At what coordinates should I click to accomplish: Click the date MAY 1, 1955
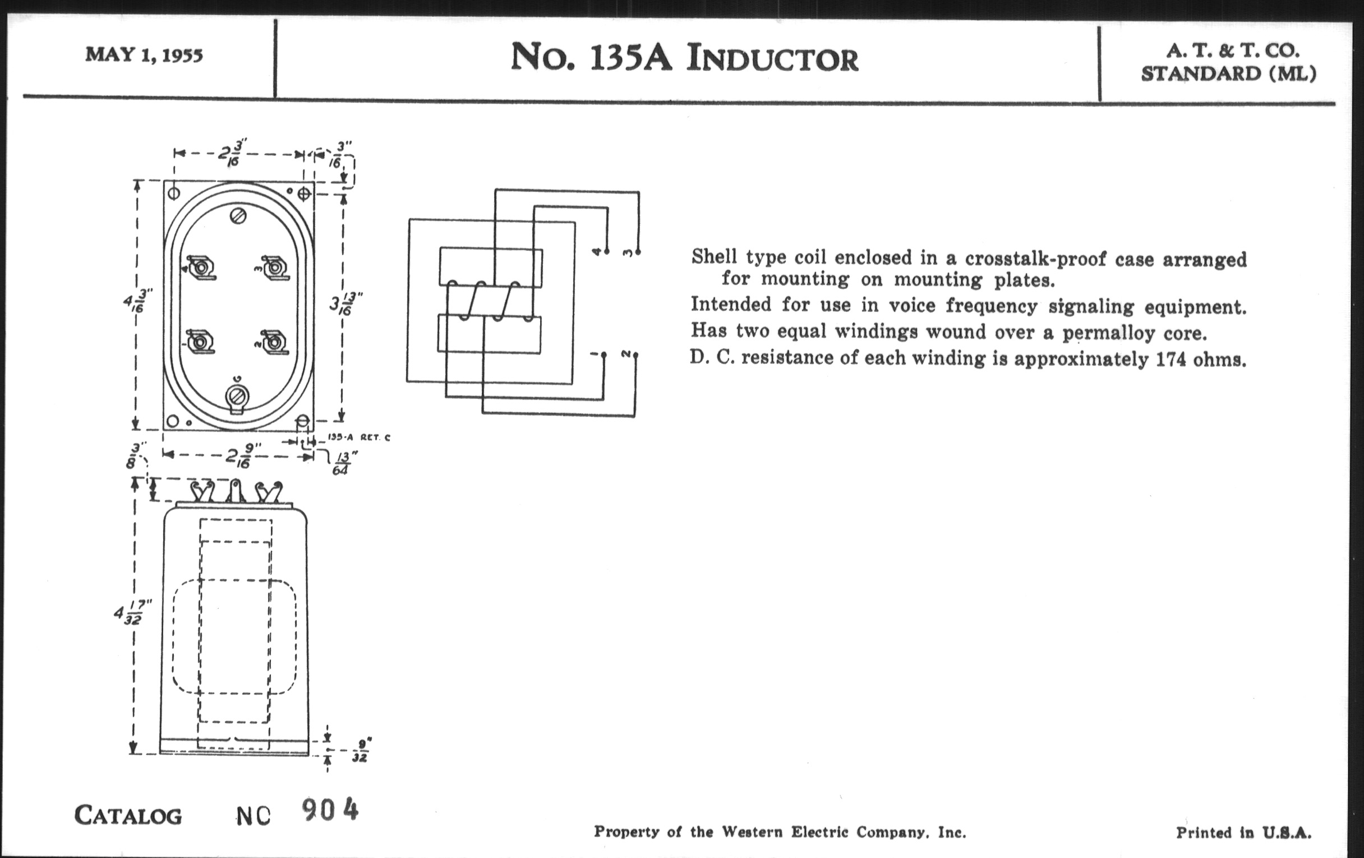click(x=144, y=55)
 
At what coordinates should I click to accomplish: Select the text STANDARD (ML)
click(x=1228, y=74)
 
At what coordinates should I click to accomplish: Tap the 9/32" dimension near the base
click(x=361, y=750)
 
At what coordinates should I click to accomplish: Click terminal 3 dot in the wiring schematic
click(x=638, y=252)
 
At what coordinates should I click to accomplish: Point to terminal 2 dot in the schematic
click(x=635, y=355)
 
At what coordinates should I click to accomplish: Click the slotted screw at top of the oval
click(x=238, y=216)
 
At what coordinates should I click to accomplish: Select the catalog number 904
click(x=330, y=810)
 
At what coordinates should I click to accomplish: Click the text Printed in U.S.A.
click(x=1243, y=833)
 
